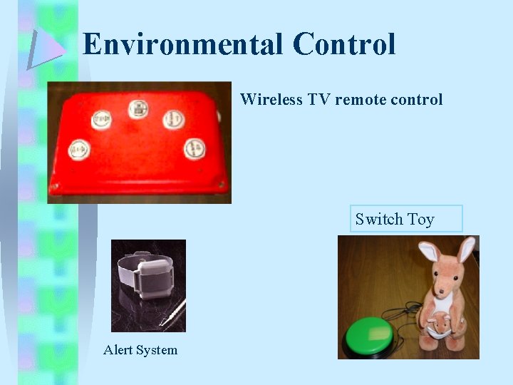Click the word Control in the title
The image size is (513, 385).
point(343,45)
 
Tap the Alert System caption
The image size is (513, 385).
point(140,350)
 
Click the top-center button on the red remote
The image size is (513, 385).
point(138,110)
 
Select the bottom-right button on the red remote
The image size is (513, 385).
point(195,148)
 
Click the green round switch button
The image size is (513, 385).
point(367,336)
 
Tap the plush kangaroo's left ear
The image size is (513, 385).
point(428,253)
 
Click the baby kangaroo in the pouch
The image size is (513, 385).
point(440,325)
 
